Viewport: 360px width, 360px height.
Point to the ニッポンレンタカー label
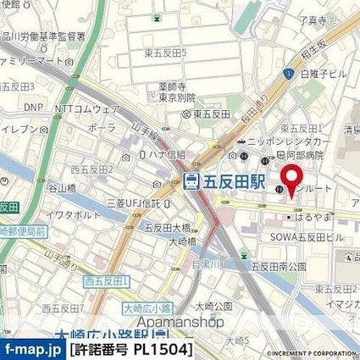[291, 141]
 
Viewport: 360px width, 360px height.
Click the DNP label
[31, 108]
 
